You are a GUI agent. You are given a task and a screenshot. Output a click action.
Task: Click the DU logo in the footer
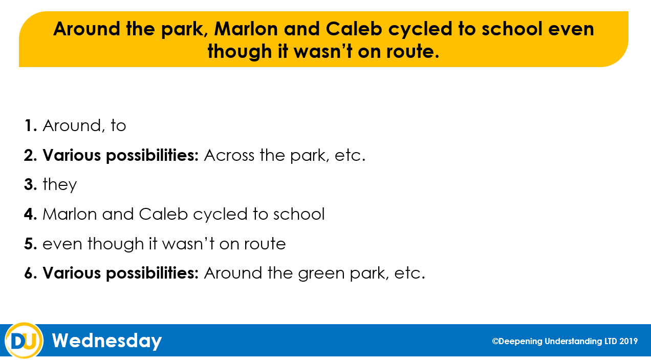(x=24, y=340)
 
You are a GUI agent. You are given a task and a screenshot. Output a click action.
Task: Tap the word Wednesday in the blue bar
(x=106, y=341)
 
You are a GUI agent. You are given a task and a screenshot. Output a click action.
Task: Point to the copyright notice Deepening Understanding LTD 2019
(x=565, y=341)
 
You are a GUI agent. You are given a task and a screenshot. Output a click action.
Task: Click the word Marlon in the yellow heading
(x=246, y=29)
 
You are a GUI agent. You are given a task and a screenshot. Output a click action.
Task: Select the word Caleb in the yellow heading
(x=354, y=29)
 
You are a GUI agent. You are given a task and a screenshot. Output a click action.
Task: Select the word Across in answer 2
(x=229, y=155)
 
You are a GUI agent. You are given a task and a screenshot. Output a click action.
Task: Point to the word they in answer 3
(x=60, y=185)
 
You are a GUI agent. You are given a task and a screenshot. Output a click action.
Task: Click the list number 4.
(x=31, y=214)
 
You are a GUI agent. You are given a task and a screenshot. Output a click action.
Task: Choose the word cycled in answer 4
(x=220, y=214)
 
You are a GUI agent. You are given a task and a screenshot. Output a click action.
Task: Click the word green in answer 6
(x=321, y=273)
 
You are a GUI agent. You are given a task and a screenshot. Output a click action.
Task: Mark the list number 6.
(x=31, y=273)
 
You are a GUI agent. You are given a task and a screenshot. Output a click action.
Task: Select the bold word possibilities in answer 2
(x=153, y=155)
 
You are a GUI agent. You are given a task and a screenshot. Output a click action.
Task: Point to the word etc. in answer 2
(x=350, y=156)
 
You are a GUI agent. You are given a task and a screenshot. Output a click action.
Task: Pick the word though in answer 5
(x=116, y=244)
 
